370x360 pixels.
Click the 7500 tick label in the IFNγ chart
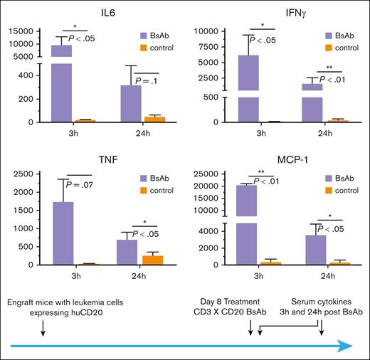pos(212,46)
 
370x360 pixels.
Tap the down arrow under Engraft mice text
pos(43,328)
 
